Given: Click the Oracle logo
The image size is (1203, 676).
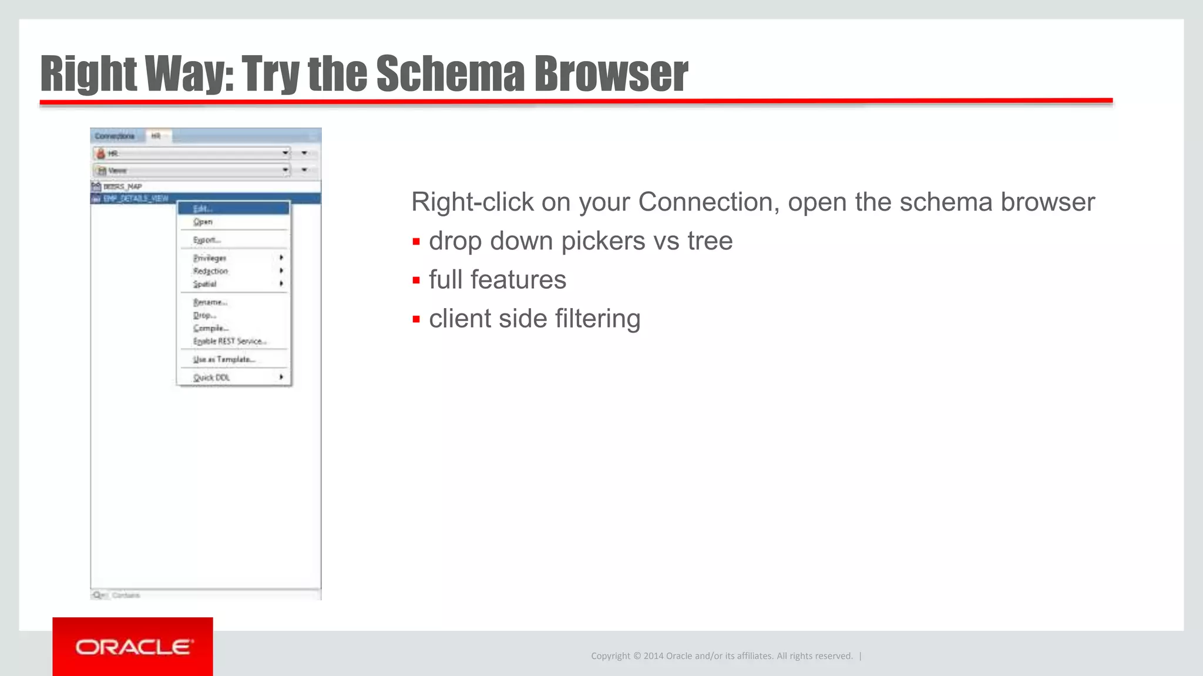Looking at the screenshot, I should click(133, 647).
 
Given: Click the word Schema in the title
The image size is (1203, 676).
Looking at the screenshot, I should click(450, 74).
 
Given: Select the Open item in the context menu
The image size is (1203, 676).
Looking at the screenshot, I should click(203, 222).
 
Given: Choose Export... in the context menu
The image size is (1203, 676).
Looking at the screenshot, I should click(207, 240).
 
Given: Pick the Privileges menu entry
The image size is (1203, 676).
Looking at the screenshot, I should click(210, 258).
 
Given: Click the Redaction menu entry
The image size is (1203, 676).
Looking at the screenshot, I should click(210, 271).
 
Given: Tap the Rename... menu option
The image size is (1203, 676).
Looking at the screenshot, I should click(210, 302).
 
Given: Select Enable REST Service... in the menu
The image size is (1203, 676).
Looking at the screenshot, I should click(230, 341).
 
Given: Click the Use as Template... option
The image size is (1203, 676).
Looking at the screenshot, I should click(224, 359).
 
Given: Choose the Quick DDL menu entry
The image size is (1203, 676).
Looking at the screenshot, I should click(211, 377).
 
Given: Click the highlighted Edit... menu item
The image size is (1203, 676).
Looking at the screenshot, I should click(203, 209).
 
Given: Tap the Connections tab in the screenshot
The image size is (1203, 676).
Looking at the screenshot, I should click(115, 136).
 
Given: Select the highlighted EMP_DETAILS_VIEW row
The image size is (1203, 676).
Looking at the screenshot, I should click(136, 198).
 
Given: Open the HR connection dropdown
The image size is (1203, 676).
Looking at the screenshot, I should click(285, 153).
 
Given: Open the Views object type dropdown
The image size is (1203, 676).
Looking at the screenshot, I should click(285, 170).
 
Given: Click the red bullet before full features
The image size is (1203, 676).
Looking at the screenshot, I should click(416, 280).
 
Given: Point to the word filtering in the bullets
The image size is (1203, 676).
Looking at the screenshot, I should click(597, 319).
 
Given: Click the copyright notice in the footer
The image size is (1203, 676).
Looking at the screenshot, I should click(721, 656).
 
